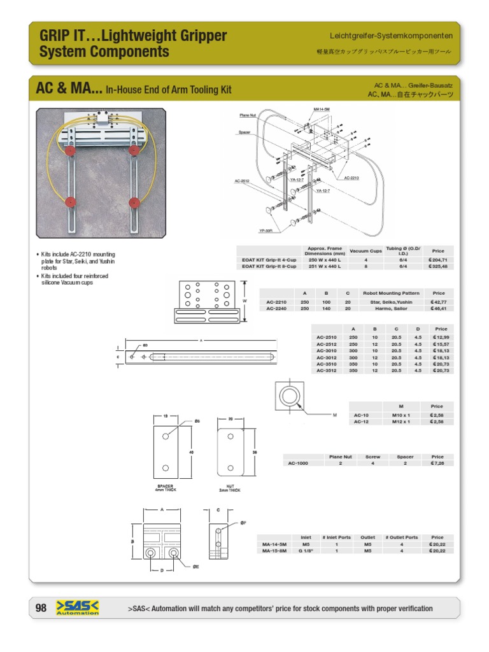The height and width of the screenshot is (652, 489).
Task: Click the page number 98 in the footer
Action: pyautogui.click(x=41, y=608)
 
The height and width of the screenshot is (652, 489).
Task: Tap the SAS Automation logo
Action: pyautogui.click(x=78, y=608)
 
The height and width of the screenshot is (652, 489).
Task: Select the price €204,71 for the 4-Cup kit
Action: pyautogui.click(x=438, y=260)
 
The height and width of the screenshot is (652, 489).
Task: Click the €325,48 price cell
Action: pyautogui.click(x=438, y=267)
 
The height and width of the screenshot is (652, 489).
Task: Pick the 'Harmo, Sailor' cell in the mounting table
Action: pyautogui.click(x=390, y=308)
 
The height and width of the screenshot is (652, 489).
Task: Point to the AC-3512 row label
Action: pyautogui.click(x=327, y=370)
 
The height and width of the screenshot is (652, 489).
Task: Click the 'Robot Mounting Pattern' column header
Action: pyautogui.click(x=390, y=293)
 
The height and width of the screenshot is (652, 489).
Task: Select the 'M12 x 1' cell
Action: pyautogui.click(x=400, y=422)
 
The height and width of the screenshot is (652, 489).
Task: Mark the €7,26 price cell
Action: pyautogui.click(x=437, y=463)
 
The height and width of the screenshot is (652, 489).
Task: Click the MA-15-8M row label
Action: pyautogui.click(x=274, y=551)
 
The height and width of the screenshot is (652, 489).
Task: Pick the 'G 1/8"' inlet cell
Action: pyautogui.click(x=306, y=551)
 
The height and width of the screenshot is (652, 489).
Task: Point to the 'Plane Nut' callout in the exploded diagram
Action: pyautogui.click(x=248, y=115)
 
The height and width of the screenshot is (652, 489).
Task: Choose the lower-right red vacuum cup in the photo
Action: pyautogui.click(x=135, y=202)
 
